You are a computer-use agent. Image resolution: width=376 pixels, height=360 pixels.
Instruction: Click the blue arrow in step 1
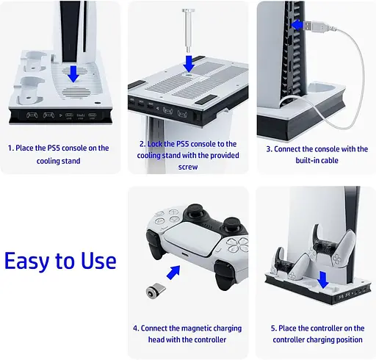coord(73,73)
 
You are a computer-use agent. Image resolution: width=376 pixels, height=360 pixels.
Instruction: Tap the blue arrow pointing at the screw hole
coord(189,64)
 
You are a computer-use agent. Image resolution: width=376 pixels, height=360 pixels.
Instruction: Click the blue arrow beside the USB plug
coord(297,25)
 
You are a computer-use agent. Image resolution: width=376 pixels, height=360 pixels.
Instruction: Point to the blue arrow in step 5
coord(323,281)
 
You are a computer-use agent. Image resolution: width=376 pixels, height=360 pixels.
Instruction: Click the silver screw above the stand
coord(188,31)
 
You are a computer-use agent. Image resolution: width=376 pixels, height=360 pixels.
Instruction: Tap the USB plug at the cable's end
coord(316,26)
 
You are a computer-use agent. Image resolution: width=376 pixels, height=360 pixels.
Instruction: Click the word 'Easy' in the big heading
coord(27,262)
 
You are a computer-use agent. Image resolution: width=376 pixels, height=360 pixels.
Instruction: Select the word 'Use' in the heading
coord(98,260)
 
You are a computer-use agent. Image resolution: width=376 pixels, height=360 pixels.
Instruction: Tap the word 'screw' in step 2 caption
coord(188,167)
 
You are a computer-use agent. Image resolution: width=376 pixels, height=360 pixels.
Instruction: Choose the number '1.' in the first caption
coord(10,148)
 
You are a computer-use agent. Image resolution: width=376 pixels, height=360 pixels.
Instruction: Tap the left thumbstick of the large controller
coord(195,212)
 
